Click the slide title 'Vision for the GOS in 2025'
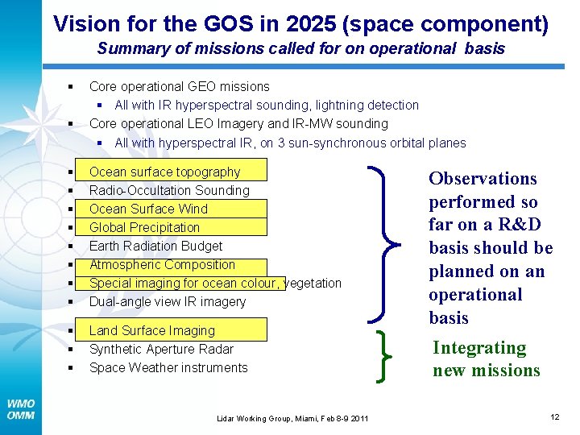click(x=300, y=23)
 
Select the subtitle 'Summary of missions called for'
click(x=300, y=48)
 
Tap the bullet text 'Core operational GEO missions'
click(x=179, y=86)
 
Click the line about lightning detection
click(x=266, y=105)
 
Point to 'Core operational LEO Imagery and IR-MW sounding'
click(x=238, y=123)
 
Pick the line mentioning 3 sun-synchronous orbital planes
click(x=290, y=143)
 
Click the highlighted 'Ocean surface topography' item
click(x=164, y=172)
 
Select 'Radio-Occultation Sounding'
click(x=169, y=190)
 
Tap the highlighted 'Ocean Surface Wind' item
click(x=148, y=209)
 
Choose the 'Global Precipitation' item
click(x=144, y=227)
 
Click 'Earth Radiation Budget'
click(x=155, y=246)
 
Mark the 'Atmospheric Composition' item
click(x=162, y=264)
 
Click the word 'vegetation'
click(x=314, y=283)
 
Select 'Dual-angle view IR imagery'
click(x=168, y=301)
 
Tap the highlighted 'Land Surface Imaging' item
click(x=152, y=330)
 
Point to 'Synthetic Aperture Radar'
click(x=161, y=349)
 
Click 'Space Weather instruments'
click(x=168, y=367)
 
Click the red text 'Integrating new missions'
click(x=486, y=359)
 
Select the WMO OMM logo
click(x=20, y=409)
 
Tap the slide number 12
click(x=554, y=416)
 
